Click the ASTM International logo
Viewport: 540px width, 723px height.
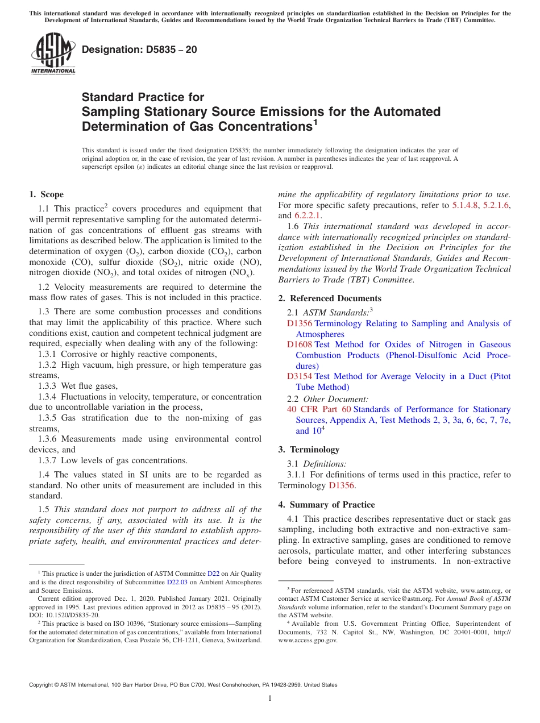(53, 55)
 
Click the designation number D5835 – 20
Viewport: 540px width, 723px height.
(139, 49)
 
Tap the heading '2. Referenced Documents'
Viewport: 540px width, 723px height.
(330, 298)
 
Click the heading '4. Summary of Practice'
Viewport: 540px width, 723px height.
(326, 505)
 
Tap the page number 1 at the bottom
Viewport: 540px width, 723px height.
(270, 699)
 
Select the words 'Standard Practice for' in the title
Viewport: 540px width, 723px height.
(143, 97)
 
